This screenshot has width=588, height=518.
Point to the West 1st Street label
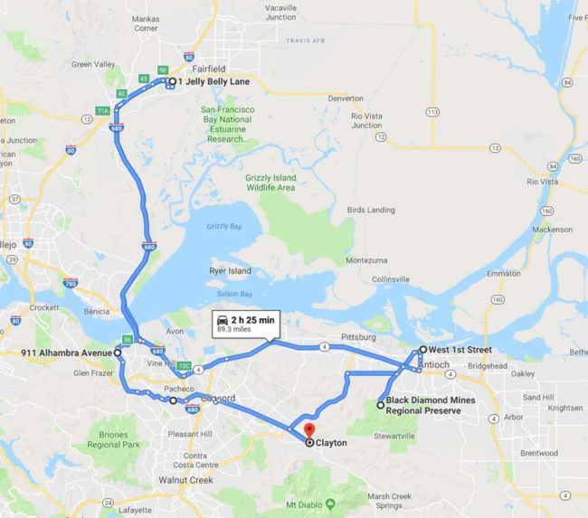click(x=460, y=350)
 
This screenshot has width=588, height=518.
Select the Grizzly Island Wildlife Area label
click(x=270, y=183)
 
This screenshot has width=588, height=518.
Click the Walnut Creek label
click(x=185, y=480)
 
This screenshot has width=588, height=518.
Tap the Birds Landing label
click(x=371, y=210)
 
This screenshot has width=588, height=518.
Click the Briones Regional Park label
click(x=114, y=440)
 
